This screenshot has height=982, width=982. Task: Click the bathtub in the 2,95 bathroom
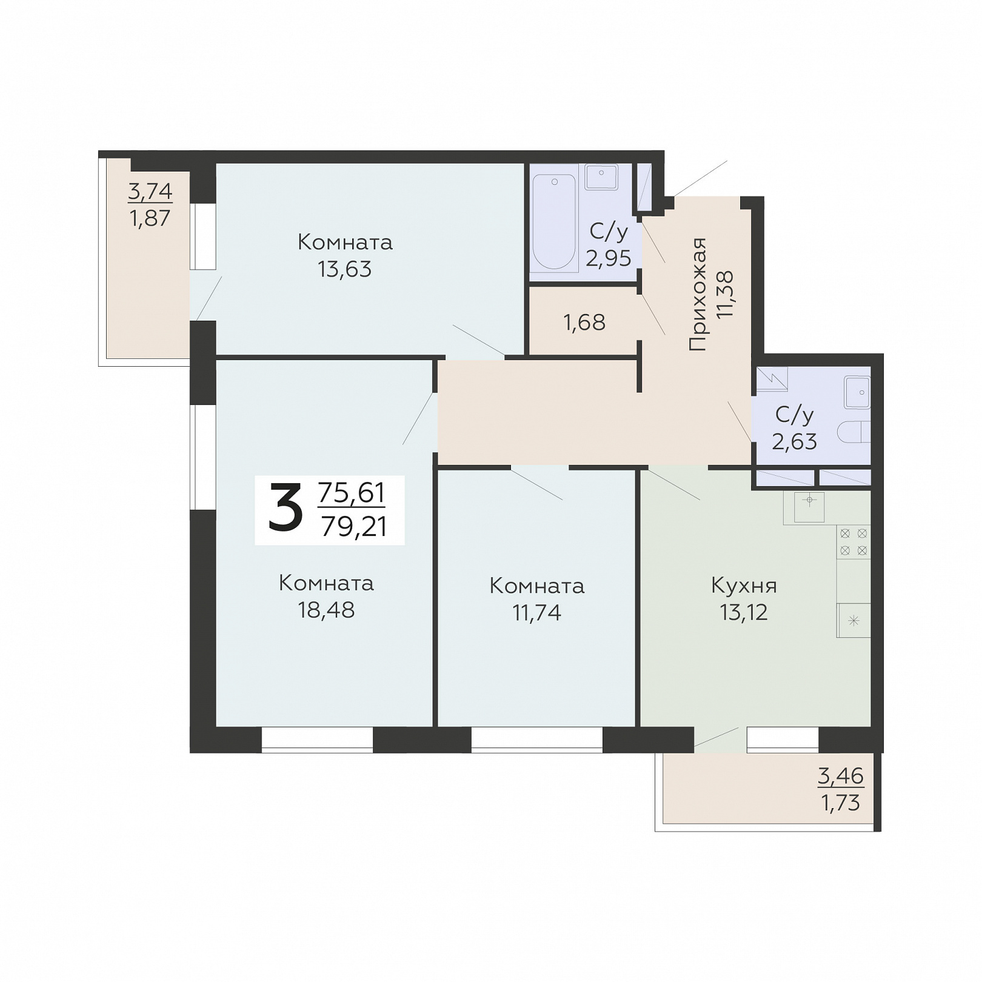coord(553,222)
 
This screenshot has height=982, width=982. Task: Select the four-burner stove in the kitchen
coord(853,542)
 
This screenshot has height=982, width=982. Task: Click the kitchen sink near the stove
coord(809,507)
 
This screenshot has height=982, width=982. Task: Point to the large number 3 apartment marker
coord(285,509)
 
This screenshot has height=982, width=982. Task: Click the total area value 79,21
coord(354,526)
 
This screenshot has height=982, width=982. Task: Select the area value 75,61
coord(352,492)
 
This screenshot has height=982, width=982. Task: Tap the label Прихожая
coord(698,295)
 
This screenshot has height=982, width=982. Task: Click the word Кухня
coord(744,586)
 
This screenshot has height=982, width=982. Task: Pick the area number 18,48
coord(326,610)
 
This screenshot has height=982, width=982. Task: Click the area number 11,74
coord(537,612)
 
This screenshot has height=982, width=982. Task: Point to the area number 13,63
coord(345,269)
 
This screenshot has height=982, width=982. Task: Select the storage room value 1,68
coord(584,322)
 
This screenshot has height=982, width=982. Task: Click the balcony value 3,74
coord(150,192)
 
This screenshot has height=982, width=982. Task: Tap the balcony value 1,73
coord(841,803)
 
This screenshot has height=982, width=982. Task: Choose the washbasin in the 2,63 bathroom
coord(858,392)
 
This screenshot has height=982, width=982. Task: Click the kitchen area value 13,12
coord(744,612)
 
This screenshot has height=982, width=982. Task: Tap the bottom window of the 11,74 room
coord(537,740)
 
